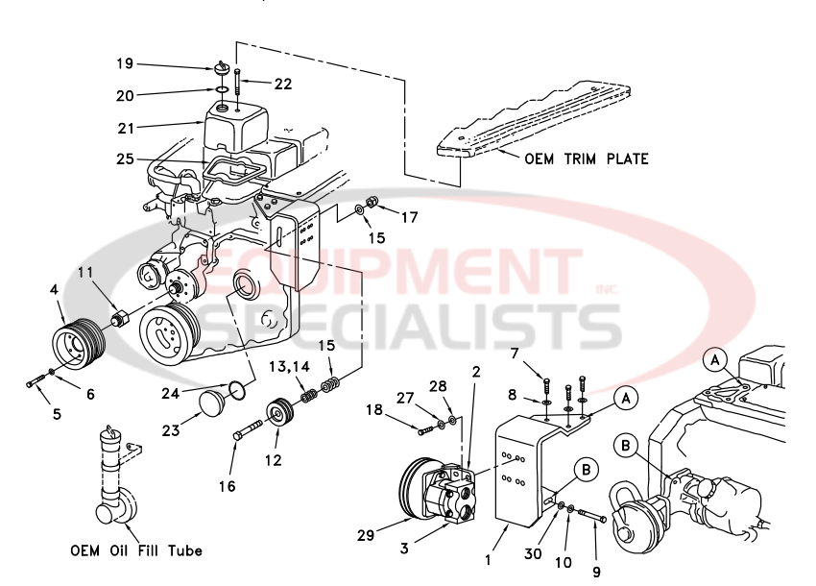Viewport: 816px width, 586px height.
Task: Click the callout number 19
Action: (125, 64)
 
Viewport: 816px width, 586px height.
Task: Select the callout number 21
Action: (125, 127)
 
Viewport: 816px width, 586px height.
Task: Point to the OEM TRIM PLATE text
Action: (587, 159)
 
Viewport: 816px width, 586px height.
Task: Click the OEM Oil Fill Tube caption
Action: (136, 551)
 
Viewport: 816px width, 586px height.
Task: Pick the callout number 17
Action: (410, 217)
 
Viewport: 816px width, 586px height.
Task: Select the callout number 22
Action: (281, 85)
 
